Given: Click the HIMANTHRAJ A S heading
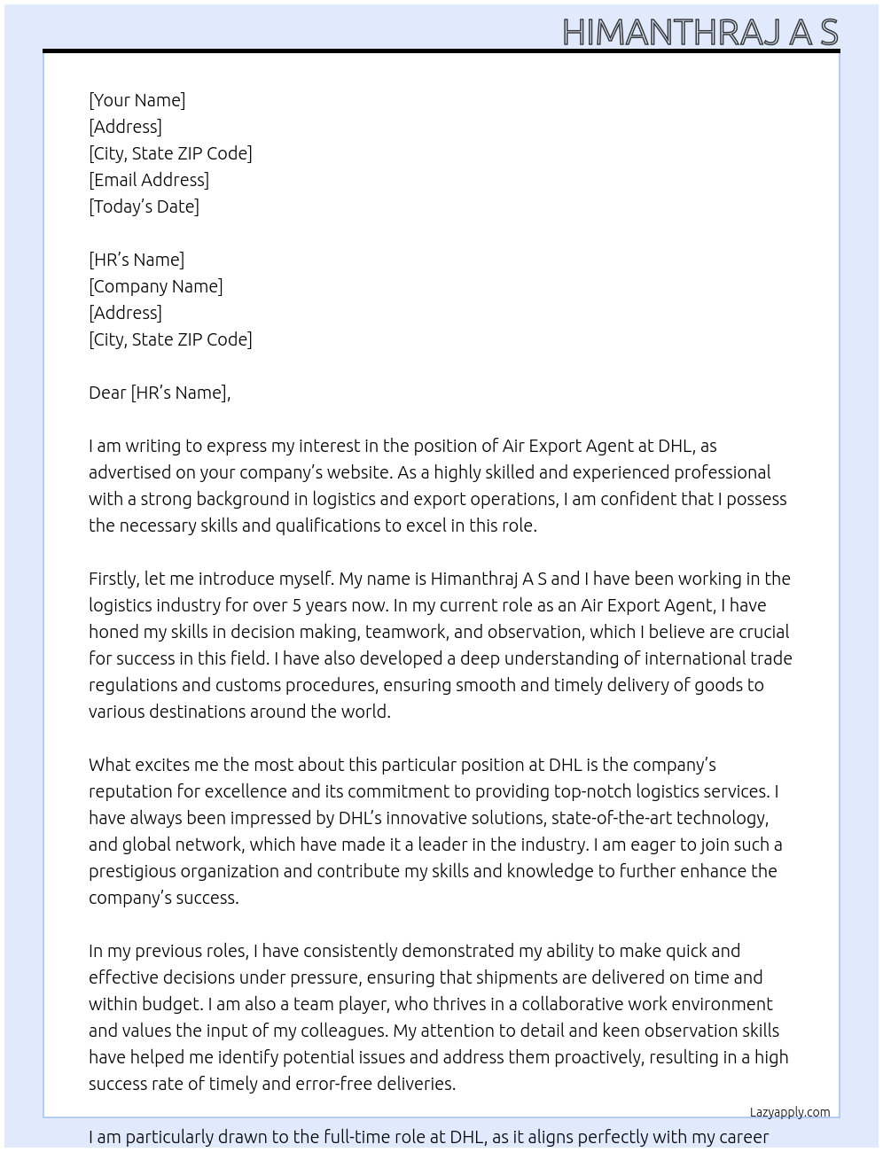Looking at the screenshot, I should click(x=699, y=32).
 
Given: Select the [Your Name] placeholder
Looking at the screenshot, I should click(x=137, y=100).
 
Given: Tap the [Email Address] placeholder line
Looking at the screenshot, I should click(x=149, y=180).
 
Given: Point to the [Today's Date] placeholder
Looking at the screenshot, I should click(x=144, y=206).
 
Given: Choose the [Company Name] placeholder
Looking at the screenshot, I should click(x=155, y=286).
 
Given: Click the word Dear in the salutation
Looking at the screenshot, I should click(x=107, y=393).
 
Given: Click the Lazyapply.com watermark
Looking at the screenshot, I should click(x=789, y=1112).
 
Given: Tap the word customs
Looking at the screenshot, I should click(x=247, y=685).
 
